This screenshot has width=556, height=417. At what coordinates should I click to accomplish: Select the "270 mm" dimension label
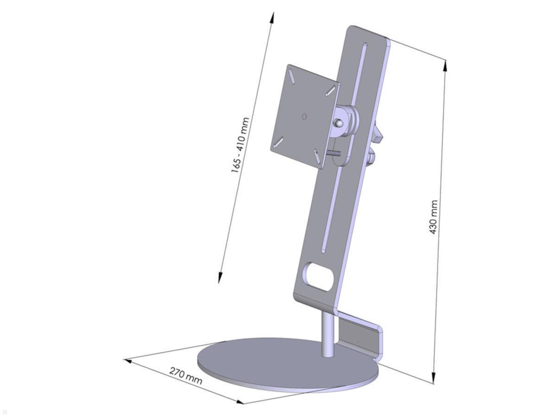pos(185,375)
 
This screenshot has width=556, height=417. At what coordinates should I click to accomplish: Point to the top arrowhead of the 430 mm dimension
pos(445,65)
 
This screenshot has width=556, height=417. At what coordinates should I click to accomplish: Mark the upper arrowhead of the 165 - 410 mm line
pos(273,18)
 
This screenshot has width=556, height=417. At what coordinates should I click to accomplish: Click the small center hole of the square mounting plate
pos(304,116)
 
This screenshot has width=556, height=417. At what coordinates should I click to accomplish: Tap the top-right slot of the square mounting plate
pos(330,91)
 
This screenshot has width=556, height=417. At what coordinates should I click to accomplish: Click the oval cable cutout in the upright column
pos(319,277)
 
